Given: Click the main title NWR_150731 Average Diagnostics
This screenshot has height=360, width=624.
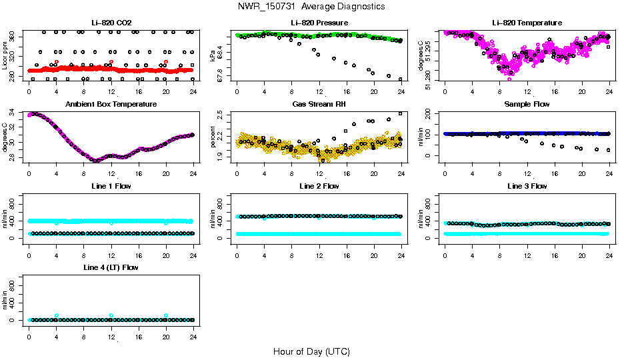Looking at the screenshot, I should point(311,7).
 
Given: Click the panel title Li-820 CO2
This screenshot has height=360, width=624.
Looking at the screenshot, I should point(111,23).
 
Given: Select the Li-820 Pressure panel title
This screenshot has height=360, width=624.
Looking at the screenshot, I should point(319,23).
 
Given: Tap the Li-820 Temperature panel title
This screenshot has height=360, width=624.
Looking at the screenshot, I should point(527,23).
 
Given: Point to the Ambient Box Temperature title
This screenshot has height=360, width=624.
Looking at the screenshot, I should point(111,105).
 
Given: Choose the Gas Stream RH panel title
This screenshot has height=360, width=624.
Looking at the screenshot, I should point(319,105).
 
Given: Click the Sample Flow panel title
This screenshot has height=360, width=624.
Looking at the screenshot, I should point(527,105).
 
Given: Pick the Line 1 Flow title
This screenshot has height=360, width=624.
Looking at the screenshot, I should point(111,186).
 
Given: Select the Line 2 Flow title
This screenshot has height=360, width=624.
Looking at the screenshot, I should point(319,186).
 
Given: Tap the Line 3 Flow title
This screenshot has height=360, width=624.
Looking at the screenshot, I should point(527,186).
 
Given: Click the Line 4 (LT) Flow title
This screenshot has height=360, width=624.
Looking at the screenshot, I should point(111,267).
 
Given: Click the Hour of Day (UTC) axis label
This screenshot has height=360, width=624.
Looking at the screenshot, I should point(311,351).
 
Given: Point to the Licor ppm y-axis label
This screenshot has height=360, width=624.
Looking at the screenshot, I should point(5,55).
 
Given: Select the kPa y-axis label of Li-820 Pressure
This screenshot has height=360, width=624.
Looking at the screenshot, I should point(213,55).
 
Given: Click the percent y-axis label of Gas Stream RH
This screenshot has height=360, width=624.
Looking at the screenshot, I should point(213,137).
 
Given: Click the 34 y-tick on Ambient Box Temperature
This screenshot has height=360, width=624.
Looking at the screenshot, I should point(13,115).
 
